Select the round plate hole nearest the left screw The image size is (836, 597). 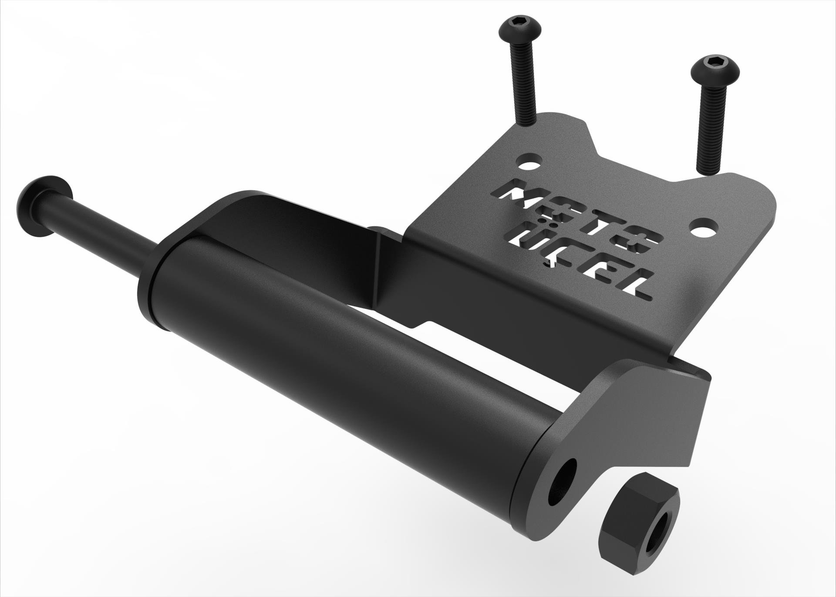click(x=529, y=164)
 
